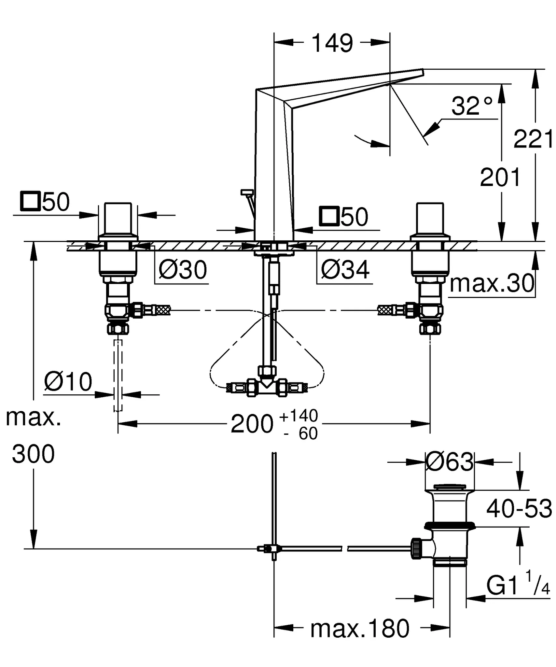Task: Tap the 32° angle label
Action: (x=471, y=106)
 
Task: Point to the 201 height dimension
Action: (x=500, y=177)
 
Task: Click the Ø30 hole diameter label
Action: (x=183, y=270)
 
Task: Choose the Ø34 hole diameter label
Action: (x=345, y=270)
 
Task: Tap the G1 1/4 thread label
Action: (x=518, y=586)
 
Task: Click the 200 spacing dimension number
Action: (x=252, y=424)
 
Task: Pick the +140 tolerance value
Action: (x=299, y=416)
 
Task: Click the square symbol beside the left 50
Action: (x=30, y=202)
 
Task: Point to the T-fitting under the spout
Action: (x=267, y=388)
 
